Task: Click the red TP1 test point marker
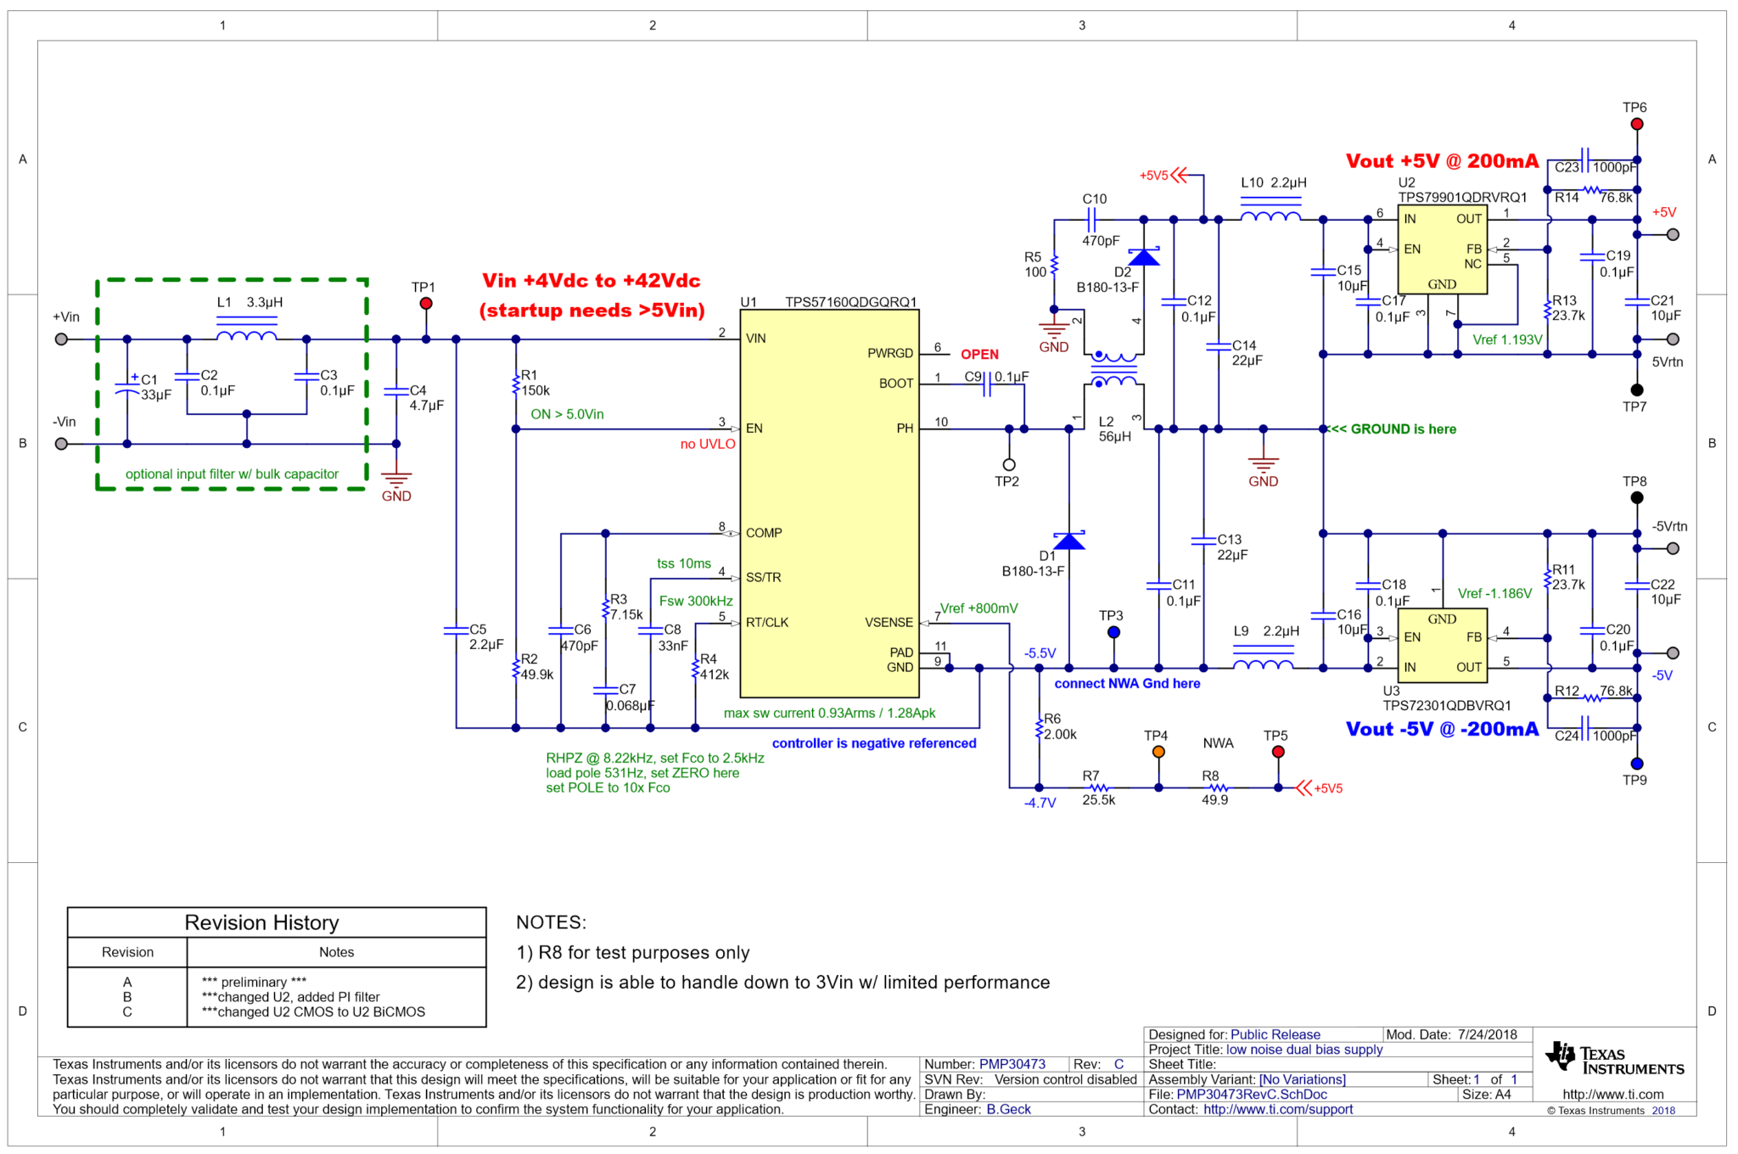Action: pos(426,304)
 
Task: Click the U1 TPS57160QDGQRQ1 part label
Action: pos(828,302)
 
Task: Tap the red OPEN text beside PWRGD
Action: pos(979,355)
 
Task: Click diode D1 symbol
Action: pos(1068,541)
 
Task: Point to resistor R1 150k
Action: pos(516,384)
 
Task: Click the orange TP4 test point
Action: pos(1158,752)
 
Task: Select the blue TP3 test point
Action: pos(1113,632)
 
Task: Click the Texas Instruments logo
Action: pos(1613,1060)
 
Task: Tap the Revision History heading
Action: pos(261,922)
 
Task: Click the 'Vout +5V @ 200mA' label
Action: pos(1441,161)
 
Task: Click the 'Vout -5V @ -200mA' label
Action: pos(1441,729)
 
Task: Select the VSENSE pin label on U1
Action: pos(889,623)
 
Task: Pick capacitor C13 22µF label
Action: pos(1231,547)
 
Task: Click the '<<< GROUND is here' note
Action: pos(1393,429)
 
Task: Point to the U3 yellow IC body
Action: pos(1442,645)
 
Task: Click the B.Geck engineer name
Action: pos(1008,1109)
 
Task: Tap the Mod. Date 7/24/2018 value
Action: pos(1487,1034)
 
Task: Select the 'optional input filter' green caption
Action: pos(232,474)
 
